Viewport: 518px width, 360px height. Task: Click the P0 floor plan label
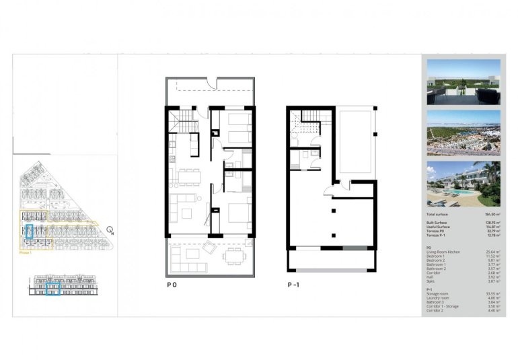172,285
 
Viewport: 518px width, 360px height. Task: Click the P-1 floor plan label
293,285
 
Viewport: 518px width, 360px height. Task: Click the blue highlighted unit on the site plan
29,231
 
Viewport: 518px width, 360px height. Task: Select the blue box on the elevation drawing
53,289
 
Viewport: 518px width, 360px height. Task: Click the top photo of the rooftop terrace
464,81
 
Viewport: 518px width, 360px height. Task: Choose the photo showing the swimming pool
464,183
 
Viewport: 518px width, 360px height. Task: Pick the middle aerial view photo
464,133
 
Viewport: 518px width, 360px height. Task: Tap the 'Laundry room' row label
438,298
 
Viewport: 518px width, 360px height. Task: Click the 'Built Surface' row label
437,221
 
